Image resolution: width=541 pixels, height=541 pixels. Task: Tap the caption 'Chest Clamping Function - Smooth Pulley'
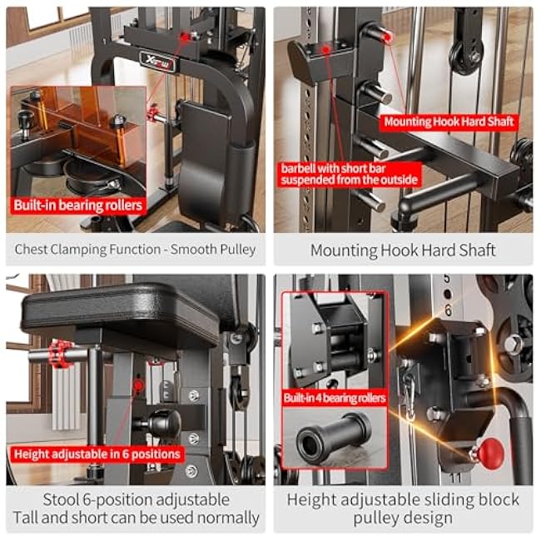coord(135,249)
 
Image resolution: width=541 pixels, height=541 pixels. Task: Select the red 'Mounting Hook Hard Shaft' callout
coord(449,122)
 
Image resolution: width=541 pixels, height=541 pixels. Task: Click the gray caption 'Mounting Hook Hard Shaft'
coord(403,250)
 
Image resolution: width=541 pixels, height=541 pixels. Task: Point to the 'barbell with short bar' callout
coord(350,173)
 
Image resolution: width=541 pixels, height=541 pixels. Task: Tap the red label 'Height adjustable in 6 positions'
coord(97,454)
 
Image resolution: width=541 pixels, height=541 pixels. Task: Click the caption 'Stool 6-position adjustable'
coord(135,499)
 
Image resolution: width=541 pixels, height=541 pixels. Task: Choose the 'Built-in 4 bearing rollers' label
coord(335,399)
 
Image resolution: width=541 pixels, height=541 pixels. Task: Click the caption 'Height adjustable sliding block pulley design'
coord(403,509)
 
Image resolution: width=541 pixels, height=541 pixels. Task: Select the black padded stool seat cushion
coord(121,312)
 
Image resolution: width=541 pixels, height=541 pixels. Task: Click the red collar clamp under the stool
coord(62,354)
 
